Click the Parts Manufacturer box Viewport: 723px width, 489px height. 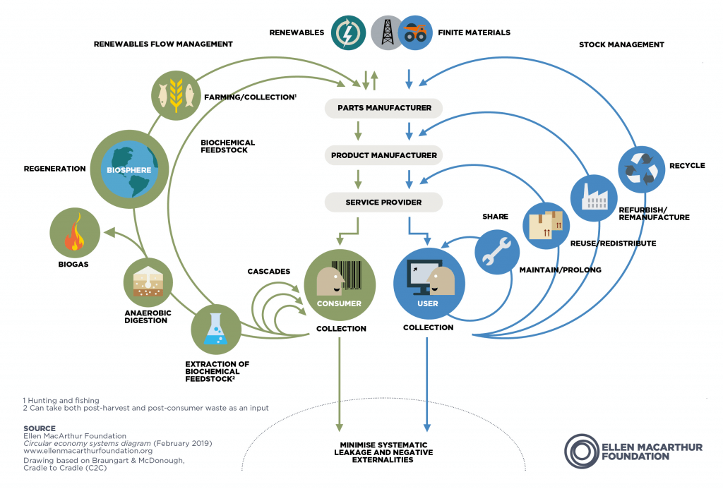click(x=383, y=108)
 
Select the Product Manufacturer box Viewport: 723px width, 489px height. click(x=383, y=155)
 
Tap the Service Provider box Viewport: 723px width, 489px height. click(x=383, y=203)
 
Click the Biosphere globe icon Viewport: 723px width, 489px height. click(x=130, y=169)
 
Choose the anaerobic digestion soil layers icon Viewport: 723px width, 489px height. click(x=148, y=281)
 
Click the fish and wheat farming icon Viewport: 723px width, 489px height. click(x=174, y=96)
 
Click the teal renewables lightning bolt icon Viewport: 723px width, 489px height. click(x=347, y=32)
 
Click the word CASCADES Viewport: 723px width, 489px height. click(x=270, y=272)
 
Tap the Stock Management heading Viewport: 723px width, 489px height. click(x=621, y=44)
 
